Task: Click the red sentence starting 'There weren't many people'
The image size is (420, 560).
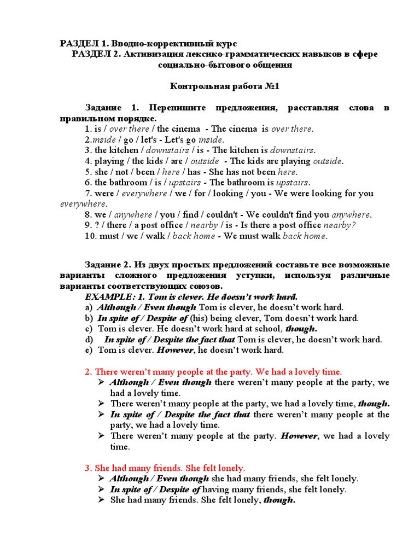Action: [x=213, y=371]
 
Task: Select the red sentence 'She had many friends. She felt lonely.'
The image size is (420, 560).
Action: [x=165, y=468]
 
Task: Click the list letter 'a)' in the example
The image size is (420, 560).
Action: [x=89, y=307]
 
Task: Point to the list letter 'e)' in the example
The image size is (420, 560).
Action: [x=89, y=350]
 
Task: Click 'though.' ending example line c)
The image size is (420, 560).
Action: [x=300, y=329]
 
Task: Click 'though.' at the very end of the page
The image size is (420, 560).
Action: [x=279, y=500]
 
